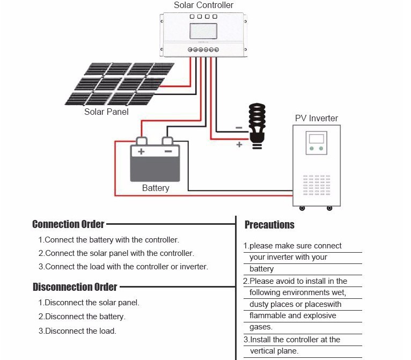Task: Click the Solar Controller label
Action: (203, 5)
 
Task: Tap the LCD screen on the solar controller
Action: (203, 33)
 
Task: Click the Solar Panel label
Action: (106, 112)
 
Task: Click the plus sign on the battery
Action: (142, 152)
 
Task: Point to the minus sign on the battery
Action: (168, 152)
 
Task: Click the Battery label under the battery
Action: (156, 188)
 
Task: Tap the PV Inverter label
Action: (317, 118)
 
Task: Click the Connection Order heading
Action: (68, 224)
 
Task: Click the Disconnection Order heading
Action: (75, 287)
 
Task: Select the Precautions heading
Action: (269, 225)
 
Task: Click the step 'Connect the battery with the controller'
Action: (109, 240)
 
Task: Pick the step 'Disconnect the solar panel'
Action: (89, 303)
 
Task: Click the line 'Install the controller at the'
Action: (292, 340)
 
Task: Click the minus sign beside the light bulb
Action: (239, 128)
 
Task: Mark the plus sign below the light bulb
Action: (239, 145)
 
